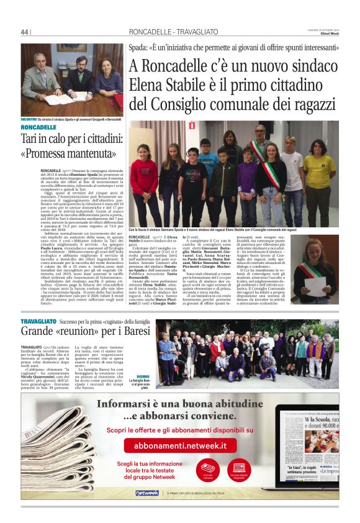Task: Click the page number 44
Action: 25,32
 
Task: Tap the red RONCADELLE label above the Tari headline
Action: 38,127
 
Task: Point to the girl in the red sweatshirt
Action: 143,176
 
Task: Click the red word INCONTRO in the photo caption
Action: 29,118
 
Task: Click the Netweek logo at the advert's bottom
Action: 147,493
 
